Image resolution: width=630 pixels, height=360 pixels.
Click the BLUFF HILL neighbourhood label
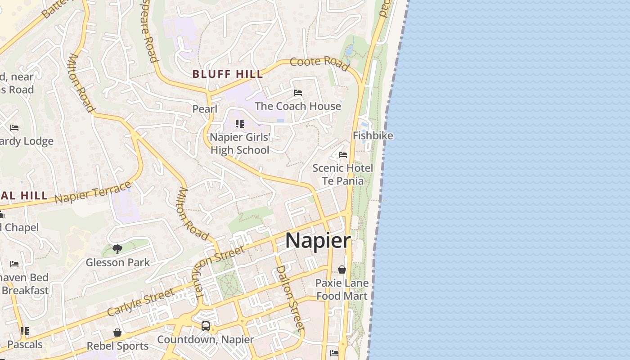tap(228, 74)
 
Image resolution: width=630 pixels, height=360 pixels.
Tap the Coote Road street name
tap(319, 63)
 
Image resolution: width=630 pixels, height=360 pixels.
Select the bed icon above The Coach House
tap(298, 93)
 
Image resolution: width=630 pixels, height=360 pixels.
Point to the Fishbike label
tap(373, 135)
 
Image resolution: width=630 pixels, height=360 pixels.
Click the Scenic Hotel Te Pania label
tap(343, 175)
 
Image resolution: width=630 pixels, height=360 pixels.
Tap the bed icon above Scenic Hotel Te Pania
tap(343, 155)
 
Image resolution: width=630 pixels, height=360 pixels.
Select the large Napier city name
tap(318, 241)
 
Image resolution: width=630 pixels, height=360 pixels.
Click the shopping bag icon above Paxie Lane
tap(342, 270)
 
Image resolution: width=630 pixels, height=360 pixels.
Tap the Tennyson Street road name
tap(220, 273)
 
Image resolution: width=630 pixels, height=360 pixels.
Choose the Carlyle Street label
tap(141, 302)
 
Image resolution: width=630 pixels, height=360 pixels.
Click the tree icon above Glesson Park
tap(117, 249)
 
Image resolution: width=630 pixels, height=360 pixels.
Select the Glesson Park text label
tap(117, 262)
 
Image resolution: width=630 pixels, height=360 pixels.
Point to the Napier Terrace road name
tap(93, 192)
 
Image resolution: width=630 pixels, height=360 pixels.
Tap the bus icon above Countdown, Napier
tap(206, 326)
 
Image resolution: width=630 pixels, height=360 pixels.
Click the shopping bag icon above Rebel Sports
tap(117, 333)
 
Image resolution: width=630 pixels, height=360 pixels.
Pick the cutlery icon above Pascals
tap(25, 332)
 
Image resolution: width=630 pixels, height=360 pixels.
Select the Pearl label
tap(205, 109)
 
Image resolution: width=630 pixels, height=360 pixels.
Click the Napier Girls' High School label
tap(240, 144)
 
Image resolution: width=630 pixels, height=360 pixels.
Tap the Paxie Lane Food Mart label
tap(342, 289)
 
